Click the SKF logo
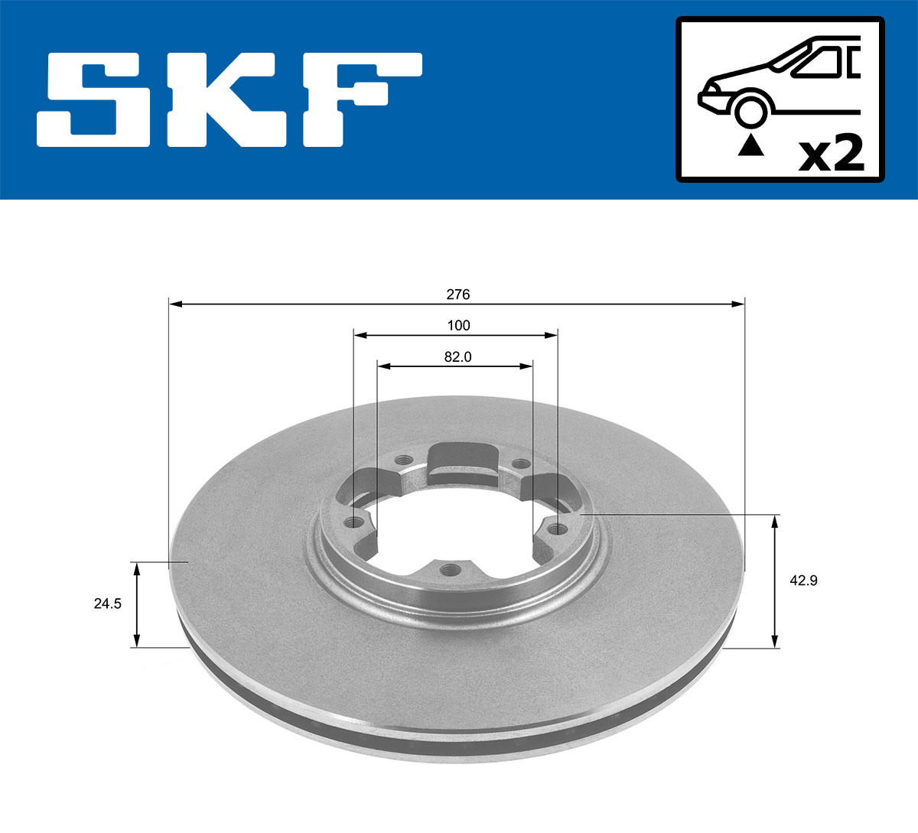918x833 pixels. pos(229,99)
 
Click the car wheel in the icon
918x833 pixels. pos(750,110)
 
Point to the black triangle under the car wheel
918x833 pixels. pos(750,145)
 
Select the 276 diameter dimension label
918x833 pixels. pos(458,294)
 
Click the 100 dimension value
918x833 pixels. pos(458,325)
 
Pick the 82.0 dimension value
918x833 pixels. pos(457,356)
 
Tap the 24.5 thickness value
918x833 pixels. pos(108,604)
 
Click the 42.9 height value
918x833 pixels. pos(803,581)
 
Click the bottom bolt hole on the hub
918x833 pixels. pos(451,570)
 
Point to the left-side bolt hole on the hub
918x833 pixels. pos(354,523)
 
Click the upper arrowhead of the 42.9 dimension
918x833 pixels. pos(775,522)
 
